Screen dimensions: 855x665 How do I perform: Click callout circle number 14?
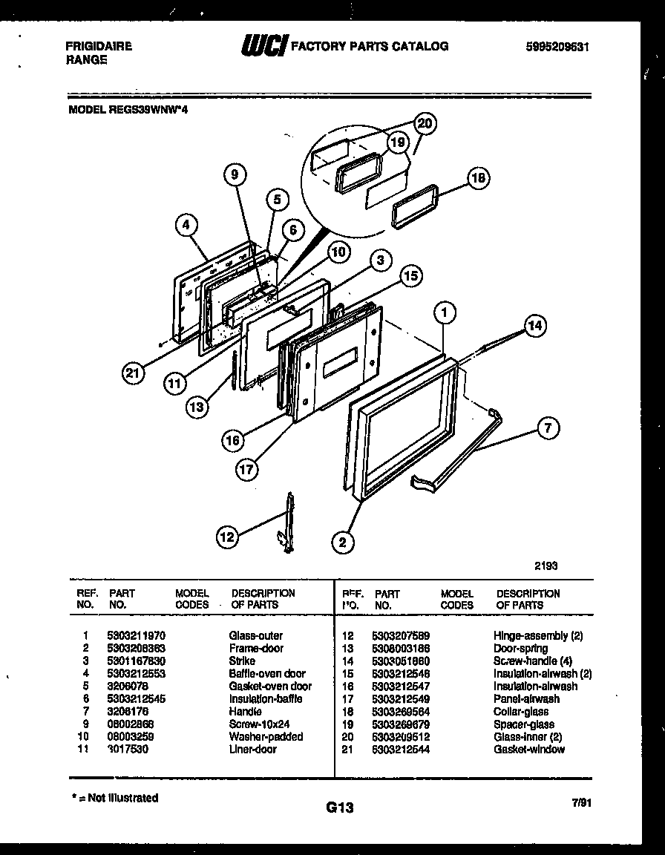coord(534,325)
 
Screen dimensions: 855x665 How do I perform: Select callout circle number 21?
coord(133,375)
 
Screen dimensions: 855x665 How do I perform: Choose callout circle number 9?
coord(235,175)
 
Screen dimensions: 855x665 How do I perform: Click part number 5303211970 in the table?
coord(137,636)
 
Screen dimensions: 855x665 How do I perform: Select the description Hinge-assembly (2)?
coord(538,636)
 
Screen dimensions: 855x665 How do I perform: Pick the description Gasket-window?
coord(528,750)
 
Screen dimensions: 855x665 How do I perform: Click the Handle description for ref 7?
coord(245,712)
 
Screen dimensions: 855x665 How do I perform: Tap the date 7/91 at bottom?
coord(582,803)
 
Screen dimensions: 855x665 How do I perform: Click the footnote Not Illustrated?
coord(117,798)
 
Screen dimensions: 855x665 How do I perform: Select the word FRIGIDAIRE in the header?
coord(99,47)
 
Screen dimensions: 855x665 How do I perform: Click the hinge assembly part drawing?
coord(287,523)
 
